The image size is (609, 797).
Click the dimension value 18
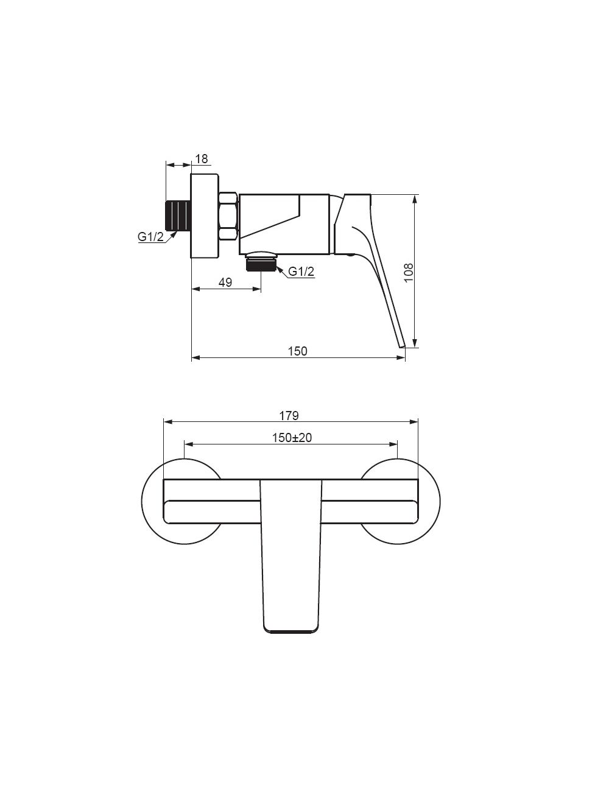click(x=202, y=159)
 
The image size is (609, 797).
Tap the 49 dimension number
click(x=225, y=282)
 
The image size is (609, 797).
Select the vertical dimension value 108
click(x=409, y=272)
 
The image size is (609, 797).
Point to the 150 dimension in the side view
click(x=297, y=351)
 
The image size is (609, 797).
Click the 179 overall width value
click(x=289, y=416)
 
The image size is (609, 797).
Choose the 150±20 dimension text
click(x=292, y=438)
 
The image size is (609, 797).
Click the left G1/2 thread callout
click(x=150, y=237)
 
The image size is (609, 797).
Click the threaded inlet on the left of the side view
click(x=178, y=216)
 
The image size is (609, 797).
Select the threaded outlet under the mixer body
click(x=261, y=264)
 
